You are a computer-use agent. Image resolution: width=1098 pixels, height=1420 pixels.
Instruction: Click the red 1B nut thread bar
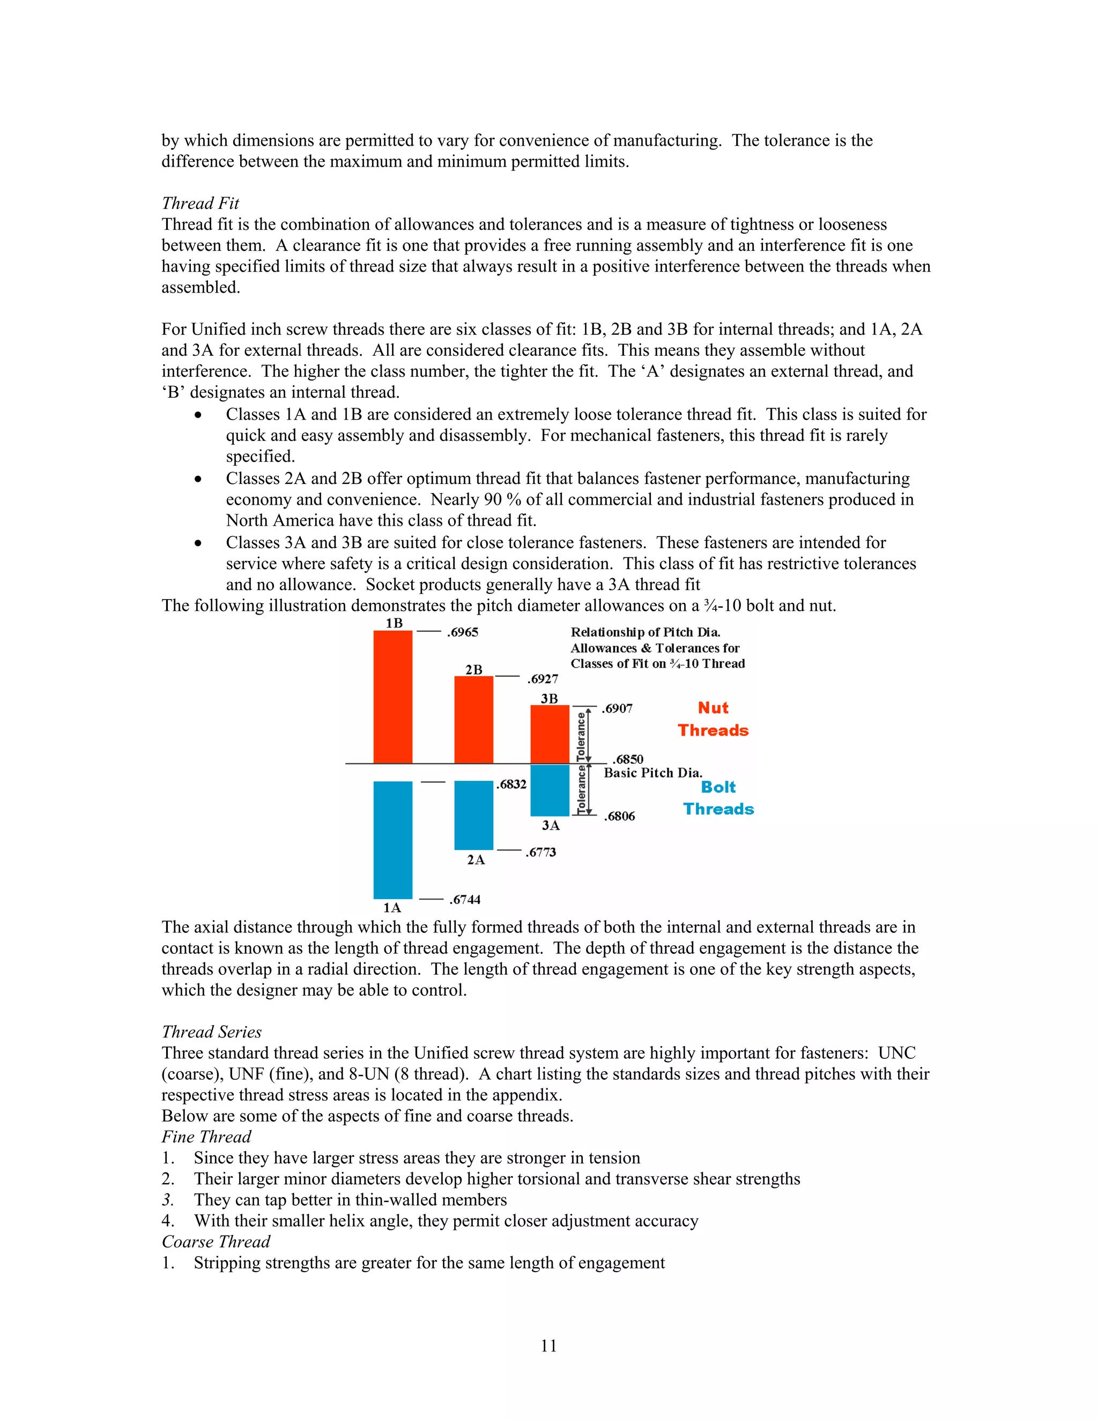(x=393, y=697)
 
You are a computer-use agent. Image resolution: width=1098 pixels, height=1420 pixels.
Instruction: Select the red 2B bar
(x=473, y=720)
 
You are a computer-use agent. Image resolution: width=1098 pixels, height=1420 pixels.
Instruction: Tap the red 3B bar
(x=550, y=734)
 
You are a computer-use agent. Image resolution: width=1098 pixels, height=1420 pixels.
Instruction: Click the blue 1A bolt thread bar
(x=393, y=839)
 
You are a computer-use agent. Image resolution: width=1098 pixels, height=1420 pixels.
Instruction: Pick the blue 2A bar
(x=473, y=814)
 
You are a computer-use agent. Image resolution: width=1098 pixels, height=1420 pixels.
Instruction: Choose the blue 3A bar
(x=550, y=790)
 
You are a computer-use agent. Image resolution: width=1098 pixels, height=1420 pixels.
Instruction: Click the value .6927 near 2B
(x=543, y=679)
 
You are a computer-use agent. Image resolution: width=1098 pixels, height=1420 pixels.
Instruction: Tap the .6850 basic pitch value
(x=628, y=759)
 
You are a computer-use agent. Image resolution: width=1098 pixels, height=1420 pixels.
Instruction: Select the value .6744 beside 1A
(x=464, y=900)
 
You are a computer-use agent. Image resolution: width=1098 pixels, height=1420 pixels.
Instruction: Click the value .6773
(x=540, y=853)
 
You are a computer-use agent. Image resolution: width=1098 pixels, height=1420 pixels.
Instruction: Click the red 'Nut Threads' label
(x=713, y=719)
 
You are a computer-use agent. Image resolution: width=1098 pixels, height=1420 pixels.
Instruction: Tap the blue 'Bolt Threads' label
(x=718, y=798)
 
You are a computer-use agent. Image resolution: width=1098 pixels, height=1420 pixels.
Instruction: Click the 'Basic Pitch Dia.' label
(x=652, y=773)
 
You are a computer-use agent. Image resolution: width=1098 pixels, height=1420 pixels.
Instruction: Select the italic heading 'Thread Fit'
(x=201, y=204)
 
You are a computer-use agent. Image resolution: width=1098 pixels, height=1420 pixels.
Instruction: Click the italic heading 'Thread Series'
(x=211, y=1032)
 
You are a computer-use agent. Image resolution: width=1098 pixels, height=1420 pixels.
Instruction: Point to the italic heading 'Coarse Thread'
(x=216, y=1242)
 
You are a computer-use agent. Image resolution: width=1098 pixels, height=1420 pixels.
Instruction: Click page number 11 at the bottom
(x=548, y=1346)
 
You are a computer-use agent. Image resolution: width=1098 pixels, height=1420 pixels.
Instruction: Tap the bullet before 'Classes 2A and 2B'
(x=198, y=480)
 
